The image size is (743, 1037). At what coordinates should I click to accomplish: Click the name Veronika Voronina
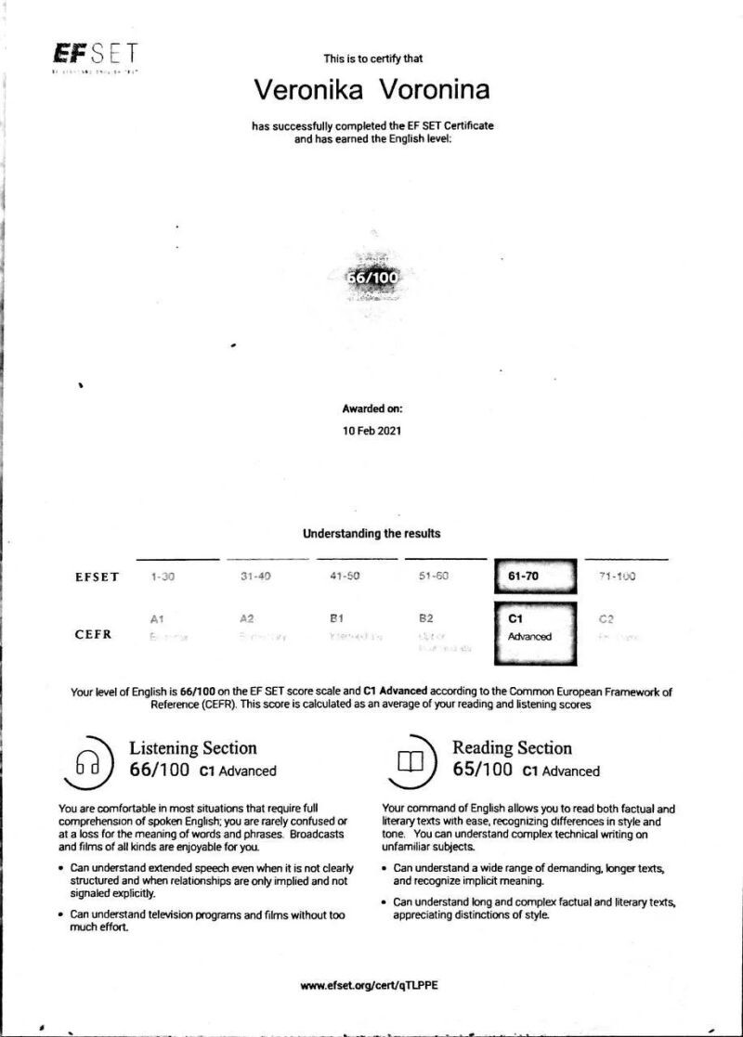tap(371, 90)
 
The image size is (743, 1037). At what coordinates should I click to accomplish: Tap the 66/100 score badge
tap(371, 276)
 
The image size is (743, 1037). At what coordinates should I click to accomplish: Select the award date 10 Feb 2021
tap(371, 431)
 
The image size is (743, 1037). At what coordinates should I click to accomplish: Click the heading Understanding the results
tap(371, 534)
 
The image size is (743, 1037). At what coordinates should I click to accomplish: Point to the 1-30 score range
tap(163, 577)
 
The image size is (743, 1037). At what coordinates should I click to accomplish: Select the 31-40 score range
tap(255, 577)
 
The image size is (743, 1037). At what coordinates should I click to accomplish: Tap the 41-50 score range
tap(345, 577)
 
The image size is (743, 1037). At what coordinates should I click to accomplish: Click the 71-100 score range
tap(618, 577)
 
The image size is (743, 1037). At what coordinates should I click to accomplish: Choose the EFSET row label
tap(97, 577)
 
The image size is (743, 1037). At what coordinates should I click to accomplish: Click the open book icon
tap(410, 762)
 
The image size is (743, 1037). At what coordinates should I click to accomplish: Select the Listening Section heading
tap(192, 748)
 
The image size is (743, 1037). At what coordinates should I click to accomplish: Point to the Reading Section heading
tap(512, 748)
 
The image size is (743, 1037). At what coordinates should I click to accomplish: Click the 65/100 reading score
tap(483, 771)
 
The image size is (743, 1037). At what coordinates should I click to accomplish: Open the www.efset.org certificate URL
tap(369, 985)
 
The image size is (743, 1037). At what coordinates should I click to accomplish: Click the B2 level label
tap(427, 617)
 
